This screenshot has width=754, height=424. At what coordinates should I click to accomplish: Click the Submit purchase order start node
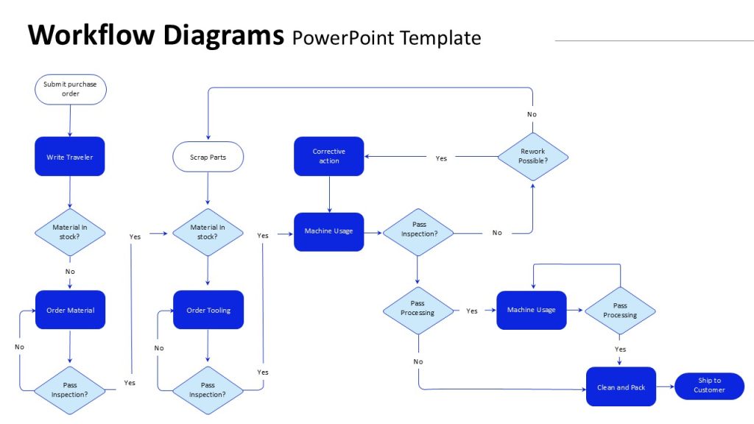[x=70, y=89]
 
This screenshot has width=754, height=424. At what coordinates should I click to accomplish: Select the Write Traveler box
[x=70, y=156]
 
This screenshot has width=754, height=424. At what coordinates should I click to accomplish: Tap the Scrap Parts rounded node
[x=208, y=157]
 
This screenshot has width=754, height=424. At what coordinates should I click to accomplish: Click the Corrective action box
[x=329, y=156]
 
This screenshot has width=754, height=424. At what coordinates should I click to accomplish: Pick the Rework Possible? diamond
[x=533, y=157]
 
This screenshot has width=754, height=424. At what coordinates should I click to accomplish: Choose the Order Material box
[x=70, y=310]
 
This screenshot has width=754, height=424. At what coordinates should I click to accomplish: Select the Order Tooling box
[x=208, y=310]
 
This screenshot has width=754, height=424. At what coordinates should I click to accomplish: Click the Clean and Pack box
[x=621, y=386]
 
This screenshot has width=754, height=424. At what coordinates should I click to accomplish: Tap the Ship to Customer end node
[x=709, y=386]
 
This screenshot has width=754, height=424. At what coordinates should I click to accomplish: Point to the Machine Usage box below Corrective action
[x=329, y=232]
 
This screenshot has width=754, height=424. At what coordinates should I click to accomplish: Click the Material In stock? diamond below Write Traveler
[x=70, y=232]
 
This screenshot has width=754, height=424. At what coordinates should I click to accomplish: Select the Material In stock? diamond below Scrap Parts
[x=208, y=232]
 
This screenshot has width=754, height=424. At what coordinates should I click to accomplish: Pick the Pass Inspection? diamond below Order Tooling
[x=208, y=390]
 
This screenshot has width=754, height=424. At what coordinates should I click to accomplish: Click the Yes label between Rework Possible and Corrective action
[x=441, y=158]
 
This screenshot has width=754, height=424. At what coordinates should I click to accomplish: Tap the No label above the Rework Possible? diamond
[x=532, y=114]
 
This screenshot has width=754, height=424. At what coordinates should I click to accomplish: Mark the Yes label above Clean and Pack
[x=620, y=350]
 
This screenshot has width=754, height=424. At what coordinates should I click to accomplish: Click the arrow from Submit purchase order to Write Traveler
[x=70, y=121]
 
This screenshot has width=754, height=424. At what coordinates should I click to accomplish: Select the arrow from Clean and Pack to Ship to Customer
[x=666, y=386]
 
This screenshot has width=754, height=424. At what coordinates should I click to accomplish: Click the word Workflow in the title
[x=92, y=35]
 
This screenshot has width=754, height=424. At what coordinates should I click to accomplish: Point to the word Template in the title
[x=440, y=38]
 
